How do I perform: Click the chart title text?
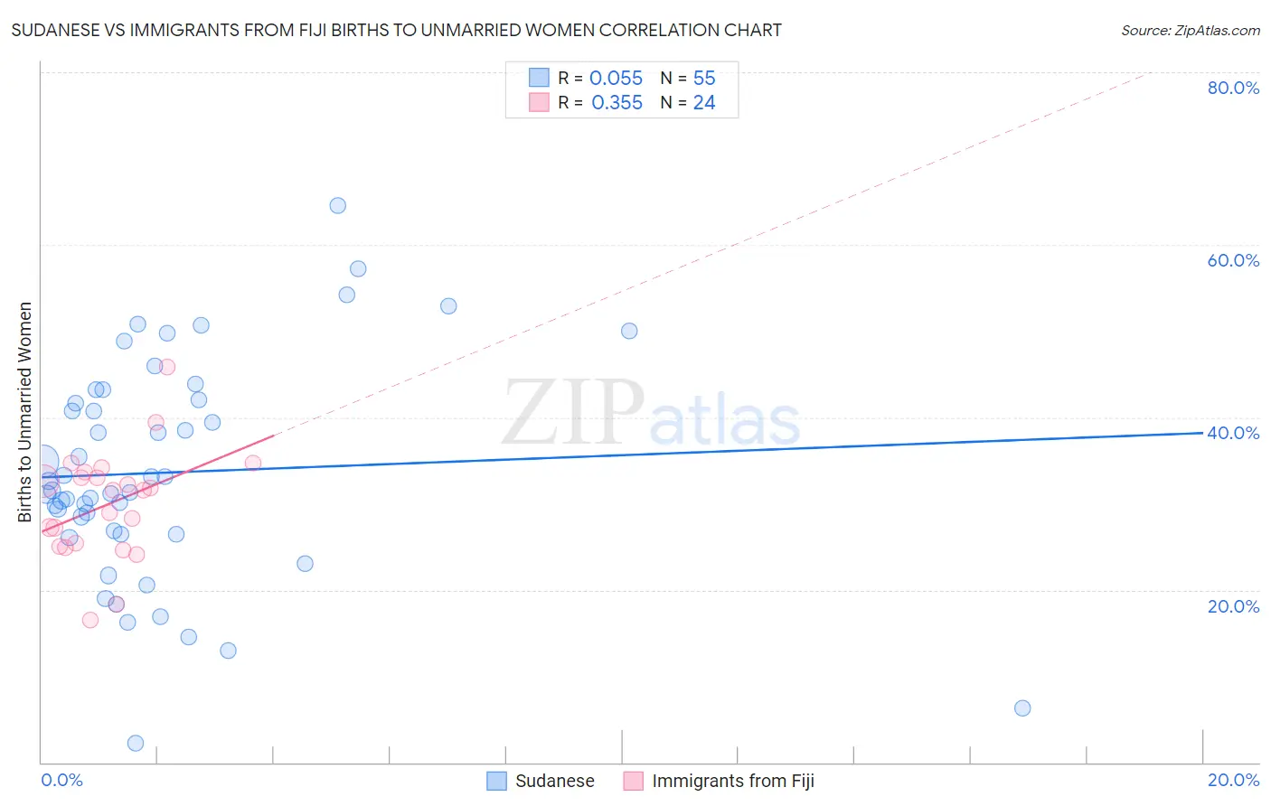[396, 30]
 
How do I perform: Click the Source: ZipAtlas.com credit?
[1190, 30]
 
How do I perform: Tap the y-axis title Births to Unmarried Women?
[25, 412]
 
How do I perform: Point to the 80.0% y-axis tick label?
[1233, 88]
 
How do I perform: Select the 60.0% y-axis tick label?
[1233, 260]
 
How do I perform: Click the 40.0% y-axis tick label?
[1233, 433]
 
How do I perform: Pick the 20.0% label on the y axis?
[1233, 606]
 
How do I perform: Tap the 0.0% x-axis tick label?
[61, 780]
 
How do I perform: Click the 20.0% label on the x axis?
[1233, 780]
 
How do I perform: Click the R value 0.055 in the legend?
[616, 79]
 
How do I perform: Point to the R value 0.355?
[617, 103]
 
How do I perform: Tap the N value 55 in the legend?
[704, 79]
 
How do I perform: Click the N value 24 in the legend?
[704, 103]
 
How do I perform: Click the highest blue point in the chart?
[338, 205]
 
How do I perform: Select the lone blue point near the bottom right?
[1022, 708]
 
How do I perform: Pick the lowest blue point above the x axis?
[136, 743]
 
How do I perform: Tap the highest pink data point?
[167, 367]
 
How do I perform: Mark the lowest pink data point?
[90, 620]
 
